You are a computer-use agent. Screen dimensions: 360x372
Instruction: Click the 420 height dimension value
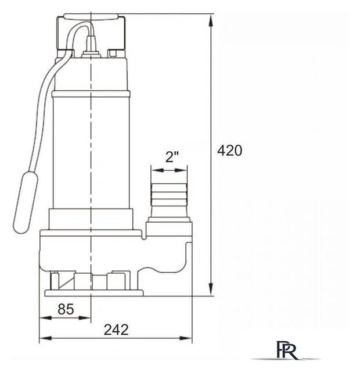pos(230,151)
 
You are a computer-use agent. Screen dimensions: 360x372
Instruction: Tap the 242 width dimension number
pos(116,330)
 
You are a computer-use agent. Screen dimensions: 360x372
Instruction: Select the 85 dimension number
pos(66,309)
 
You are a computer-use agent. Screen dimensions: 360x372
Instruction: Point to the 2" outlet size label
pos(172,157)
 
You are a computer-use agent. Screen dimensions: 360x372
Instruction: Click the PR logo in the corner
pos(286,350)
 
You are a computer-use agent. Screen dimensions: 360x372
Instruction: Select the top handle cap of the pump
pos(91,17)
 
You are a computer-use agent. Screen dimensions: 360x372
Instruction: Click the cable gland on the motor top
pos(91,48)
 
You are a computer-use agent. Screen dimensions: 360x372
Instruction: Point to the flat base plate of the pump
pos(94,293)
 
